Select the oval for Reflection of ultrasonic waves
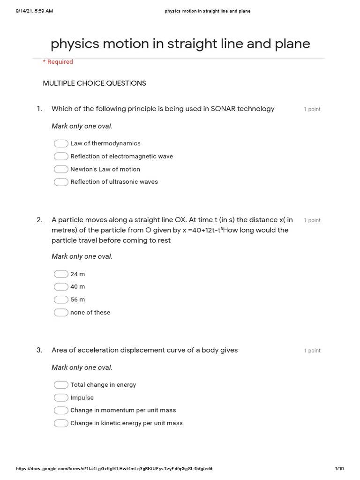[x=61, y=182]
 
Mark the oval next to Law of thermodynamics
[x=61, y=143]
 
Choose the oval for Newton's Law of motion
[x=61, y=169]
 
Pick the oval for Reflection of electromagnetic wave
[x=61, y=157]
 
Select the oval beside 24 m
[x=61, y=274]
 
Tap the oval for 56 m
[x=61, y=300]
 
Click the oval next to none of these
[x=61, y=313]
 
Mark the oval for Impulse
[x=61, y=398]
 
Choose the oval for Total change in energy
[x=61, y=385]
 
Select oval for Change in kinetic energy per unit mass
[x=61, y=423]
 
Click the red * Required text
[x=58, y=62]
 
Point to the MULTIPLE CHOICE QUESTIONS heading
[x=94, y=83]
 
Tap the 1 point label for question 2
[x=312, y=220]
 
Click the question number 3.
[x=39, y=350]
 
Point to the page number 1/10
[x=340, y=469]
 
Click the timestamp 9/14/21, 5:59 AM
[x=34, y=11]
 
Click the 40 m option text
[x=78, y=287]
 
